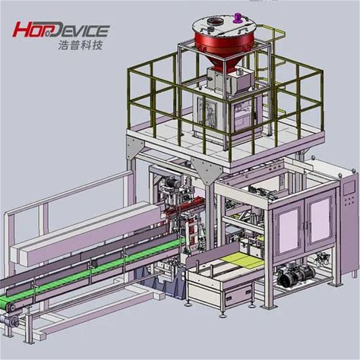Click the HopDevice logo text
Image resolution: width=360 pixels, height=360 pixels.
pos(61,30)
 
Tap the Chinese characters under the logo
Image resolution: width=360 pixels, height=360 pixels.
pos(81,45)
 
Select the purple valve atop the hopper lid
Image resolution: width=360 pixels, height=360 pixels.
pos(238,17)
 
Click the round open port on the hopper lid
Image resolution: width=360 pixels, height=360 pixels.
pos(213,21)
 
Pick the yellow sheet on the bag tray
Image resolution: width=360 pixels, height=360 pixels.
pos(241,260)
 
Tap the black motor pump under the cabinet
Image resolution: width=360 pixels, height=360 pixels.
pos(295,274)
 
